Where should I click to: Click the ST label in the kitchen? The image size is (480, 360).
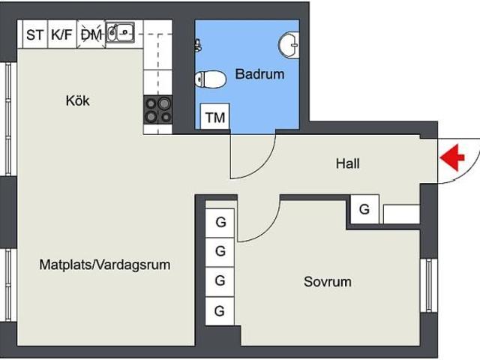coord(34,34)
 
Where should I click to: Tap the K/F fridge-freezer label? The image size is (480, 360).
coord(61,34)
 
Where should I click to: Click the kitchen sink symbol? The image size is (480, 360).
coord(121,32)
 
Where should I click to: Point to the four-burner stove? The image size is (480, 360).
coord(158,109)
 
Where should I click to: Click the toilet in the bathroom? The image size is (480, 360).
coord(211,79)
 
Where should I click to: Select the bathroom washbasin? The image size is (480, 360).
coord(288,46)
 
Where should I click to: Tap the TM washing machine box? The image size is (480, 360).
coord(215,117)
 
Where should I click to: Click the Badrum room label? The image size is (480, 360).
coord(259,74)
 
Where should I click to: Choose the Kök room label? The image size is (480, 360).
coord(77,100)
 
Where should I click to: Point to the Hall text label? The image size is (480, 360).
coord(347,163)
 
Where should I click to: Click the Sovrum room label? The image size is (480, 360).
coord(327,282)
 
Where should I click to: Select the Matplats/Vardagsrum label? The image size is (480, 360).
coord(105,264)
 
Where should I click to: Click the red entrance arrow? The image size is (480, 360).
coord(452,158)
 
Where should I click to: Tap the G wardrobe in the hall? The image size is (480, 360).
coord(364,210)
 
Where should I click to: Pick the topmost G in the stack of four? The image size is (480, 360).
coord(220,222)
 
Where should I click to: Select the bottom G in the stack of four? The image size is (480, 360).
coord(220,310)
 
